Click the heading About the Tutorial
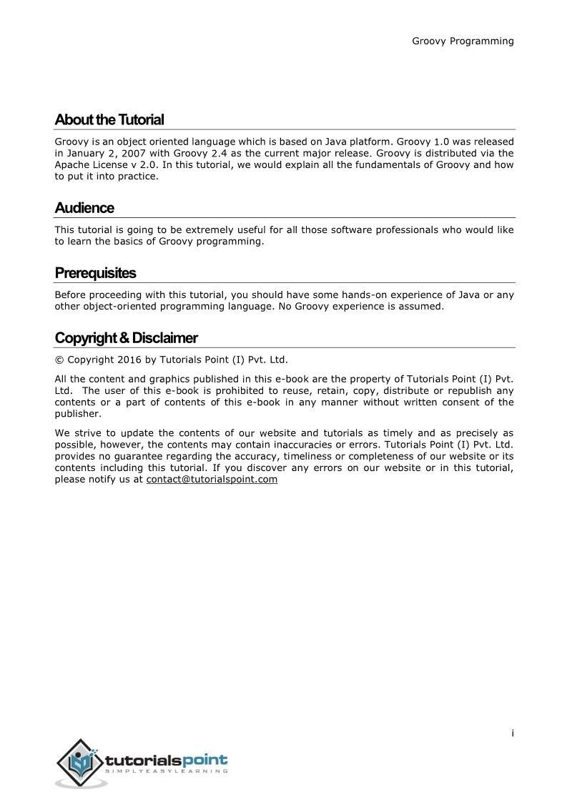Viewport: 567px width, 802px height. point(109,119)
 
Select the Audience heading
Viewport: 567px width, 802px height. point(84,208)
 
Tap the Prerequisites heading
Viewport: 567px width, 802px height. point(95,273)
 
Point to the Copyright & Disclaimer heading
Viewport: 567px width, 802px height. point(126,338)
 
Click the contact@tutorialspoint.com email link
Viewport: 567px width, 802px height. point(212,479)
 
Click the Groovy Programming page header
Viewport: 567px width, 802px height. point(463,41)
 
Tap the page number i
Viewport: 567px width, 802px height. point(513,733)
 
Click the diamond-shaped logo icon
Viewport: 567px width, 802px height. point(80,763)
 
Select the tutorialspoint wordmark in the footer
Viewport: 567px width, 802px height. point(167,760)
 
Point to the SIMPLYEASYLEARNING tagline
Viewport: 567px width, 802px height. point(167,772)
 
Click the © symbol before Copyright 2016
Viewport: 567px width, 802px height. point(59,360)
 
